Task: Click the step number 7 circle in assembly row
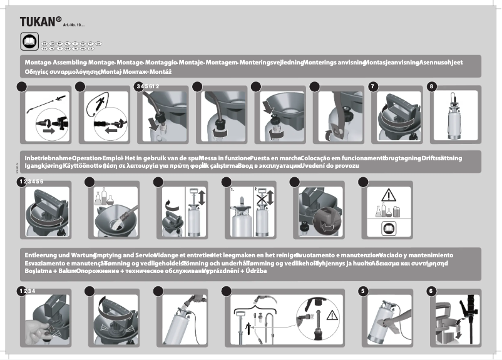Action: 374,86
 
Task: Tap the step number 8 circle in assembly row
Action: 431,86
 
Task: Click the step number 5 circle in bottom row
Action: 364,291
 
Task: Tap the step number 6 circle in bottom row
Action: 431,291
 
